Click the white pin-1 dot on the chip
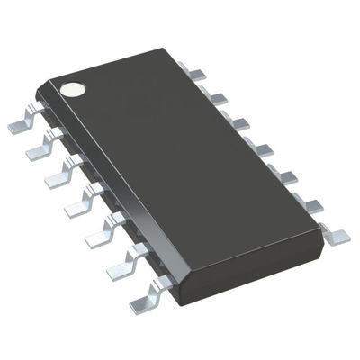pos(73,89)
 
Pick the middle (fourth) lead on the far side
pos(260,143)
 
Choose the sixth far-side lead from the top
pos(310,202)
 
